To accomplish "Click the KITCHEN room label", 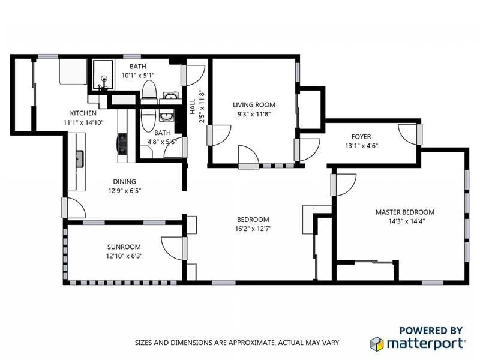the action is pyautogui.click(x=83, y=113).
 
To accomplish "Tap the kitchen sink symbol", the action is pyautogui.click(x=79, y=158).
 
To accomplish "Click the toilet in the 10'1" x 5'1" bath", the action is pyautogui.click(x=149, y=90).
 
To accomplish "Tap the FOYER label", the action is pyautogui.click(x=361, y=136).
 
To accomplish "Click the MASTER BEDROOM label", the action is pyautogui.click(x=404, y=212).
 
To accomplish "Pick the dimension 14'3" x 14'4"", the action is pyautogui.click(x=404, y=221).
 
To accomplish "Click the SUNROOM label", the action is pyautogui.click(x=124, y=247).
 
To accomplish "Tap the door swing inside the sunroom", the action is pyautogui.click(x=173, y=246).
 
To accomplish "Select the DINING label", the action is pyautogui.click(x=124, y=182).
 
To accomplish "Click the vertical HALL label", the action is pyautogui.click(x=193, y=107).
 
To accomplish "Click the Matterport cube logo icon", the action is pyautogui.click(x=376, y=343).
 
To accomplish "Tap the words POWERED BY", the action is pyautogui.click(x=431, y=330).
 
